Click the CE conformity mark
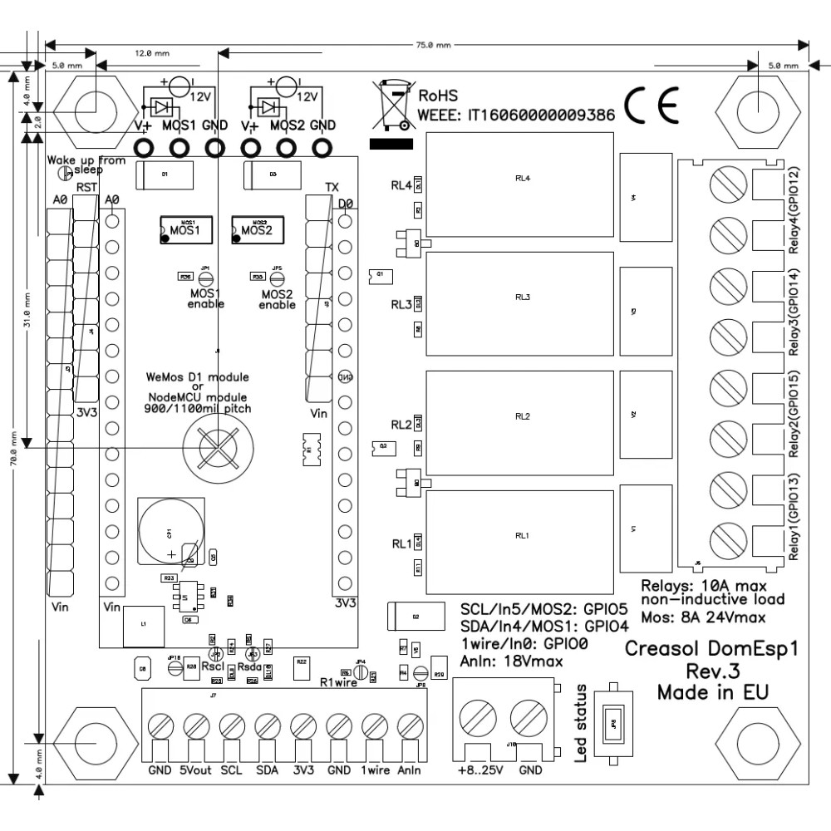click(x=652, y=105)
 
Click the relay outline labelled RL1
click(x=522, y=536)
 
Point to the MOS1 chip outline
click(x=185, y=229)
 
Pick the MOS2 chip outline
click(x=258, y=229)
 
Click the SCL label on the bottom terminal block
click(x=232, y=770)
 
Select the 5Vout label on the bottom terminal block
click(x=196, y=770)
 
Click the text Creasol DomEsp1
click(x=711, y=649)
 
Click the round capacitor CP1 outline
click(x=169, y=531)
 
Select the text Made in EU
click(x=712, y=691)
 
